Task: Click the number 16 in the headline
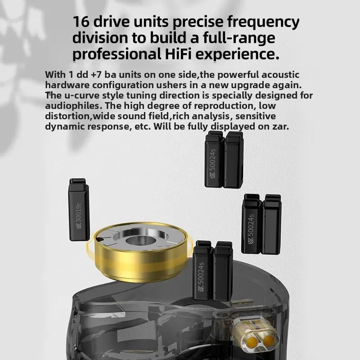click(81, 22)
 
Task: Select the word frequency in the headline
click(263, 22)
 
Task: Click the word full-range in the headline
click(239, 39)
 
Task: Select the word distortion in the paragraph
click(67, 116)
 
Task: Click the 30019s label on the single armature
click(78, 216)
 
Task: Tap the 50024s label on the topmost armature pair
click(213, 164)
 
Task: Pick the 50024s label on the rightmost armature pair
click(251, 229)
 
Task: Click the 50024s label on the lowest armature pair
click(202, 277)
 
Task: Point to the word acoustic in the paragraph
click(280, 75)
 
